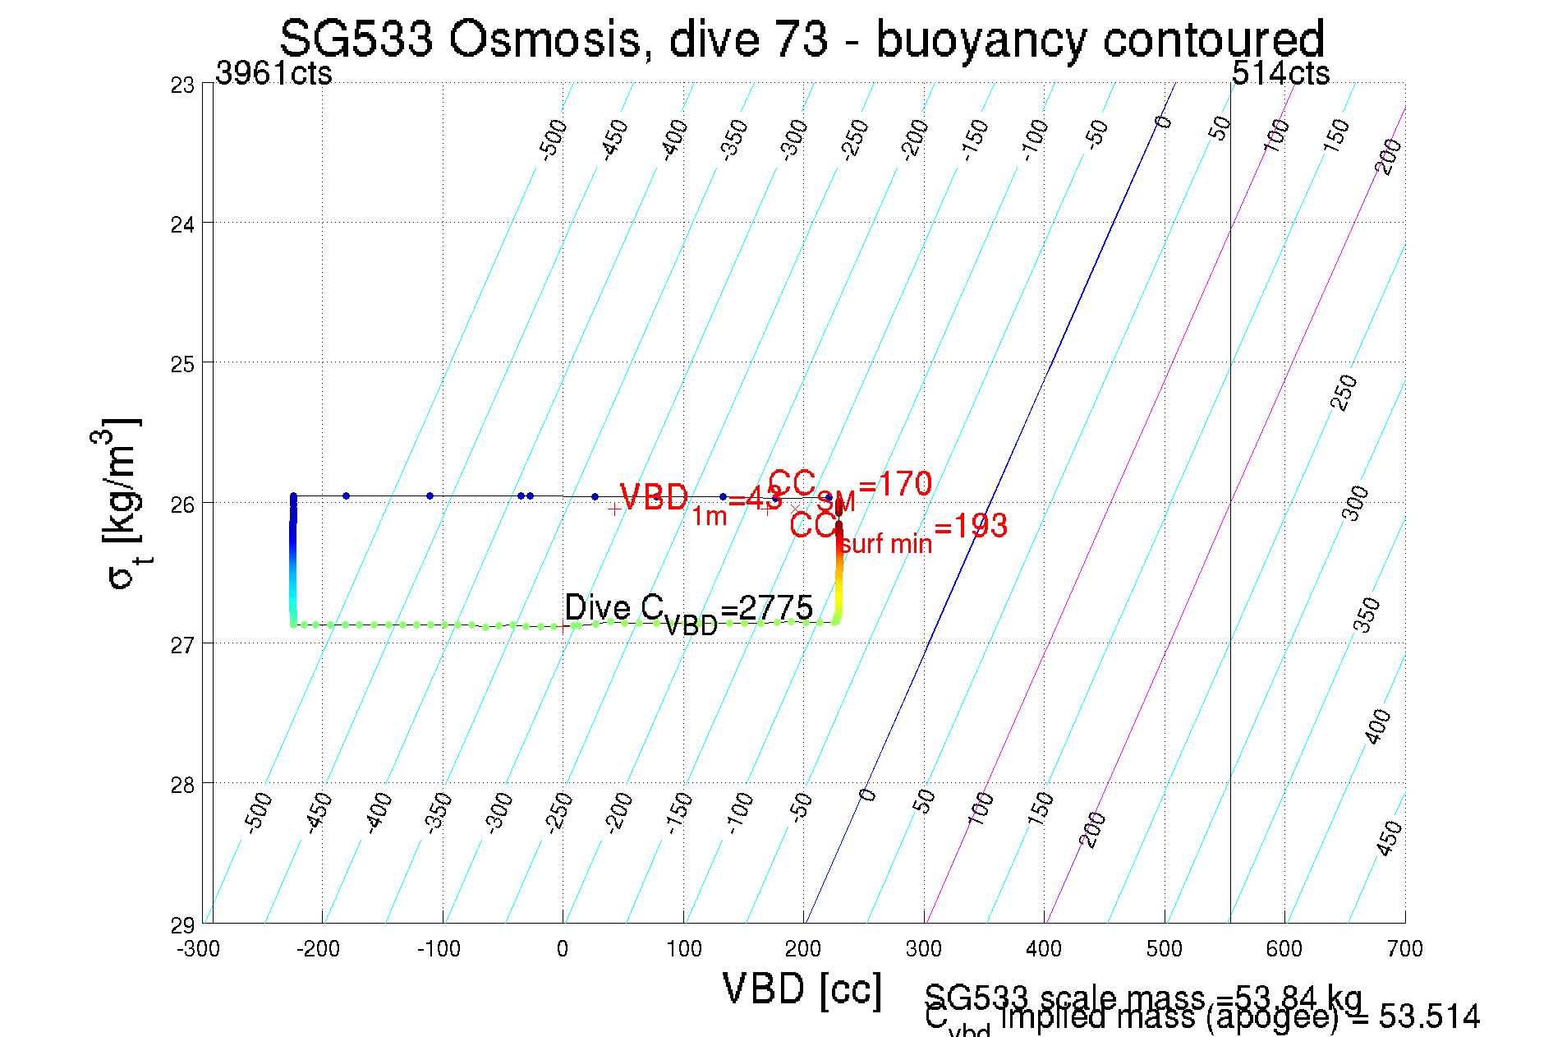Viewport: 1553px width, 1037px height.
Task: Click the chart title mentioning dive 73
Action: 802,39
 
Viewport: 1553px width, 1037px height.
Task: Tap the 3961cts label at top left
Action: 273,74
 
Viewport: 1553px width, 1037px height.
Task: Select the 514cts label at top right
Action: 1280,74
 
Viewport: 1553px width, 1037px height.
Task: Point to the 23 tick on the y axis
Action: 182,85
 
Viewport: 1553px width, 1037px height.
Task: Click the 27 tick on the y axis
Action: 182,645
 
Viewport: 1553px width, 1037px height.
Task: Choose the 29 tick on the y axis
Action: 182,925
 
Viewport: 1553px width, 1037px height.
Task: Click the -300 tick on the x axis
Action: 199,949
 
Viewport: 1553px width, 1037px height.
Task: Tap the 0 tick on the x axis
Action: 563,949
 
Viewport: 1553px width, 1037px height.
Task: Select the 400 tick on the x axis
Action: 1044,949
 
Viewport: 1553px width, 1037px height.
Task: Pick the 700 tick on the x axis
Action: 1404,949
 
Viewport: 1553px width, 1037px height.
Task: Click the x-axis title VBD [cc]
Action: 802,989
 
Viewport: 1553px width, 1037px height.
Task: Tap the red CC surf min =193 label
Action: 898,530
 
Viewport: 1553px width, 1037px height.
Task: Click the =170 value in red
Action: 894,484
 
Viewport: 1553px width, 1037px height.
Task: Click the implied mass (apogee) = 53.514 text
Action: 1238,1018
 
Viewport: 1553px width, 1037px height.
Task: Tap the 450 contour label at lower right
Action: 1389,838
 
